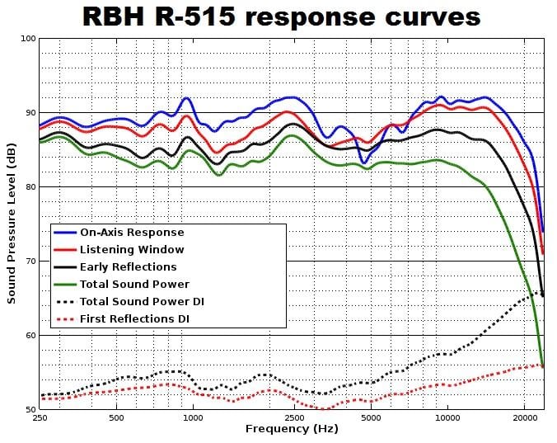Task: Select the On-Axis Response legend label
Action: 132,233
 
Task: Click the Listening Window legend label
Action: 132,249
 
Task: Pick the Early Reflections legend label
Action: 128,266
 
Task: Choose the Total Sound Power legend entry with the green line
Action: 134,284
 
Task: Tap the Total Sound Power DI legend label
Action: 142,301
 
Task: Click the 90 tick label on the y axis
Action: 29,113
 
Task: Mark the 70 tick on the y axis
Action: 29,262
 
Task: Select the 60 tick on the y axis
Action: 29,336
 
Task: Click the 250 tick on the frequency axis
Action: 40,418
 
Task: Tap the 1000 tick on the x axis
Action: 193,418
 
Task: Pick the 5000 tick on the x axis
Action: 371,418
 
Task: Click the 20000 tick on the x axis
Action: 524,418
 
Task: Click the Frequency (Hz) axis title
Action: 292,429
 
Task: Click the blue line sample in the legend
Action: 64,233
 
